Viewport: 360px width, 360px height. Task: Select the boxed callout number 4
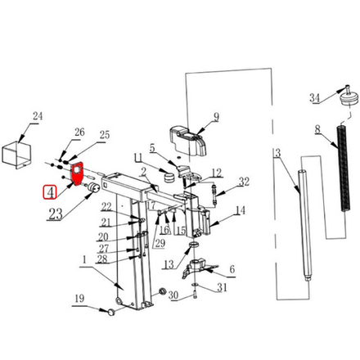click(49, 192)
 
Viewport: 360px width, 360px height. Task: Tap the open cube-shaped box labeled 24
click(16, 155)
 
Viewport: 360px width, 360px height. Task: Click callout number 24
click(38, 116)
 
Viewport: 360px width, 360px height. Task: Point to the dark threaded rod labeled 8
click(344, 168)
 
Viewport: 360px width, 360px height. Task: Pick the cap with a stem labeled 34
click(347, 97)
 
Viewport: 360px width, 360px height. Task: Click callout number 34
click(314, 97)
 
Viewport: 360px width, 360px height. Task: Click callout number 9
click(216, 117)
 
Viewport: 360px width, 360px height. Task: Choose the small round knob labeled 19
click(111, 312)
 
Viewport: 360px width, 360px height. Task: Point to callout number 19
click(79, 299)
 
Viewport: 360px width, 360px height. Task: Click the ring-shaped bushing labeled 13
click(194, 245)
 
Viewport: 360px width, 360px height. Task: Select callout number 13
click(169, 264)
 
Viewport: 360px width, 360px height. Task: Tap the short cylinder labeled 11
click(169, 177)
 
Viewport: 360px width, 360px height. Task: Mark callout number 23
click(56, 214)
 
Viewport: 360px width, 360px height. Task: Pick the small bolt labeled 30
click(195, 295)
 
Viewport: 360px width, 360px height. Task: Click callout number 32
click(244, 182)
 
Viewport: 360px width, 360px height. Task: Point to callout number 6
click(232, 269)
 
